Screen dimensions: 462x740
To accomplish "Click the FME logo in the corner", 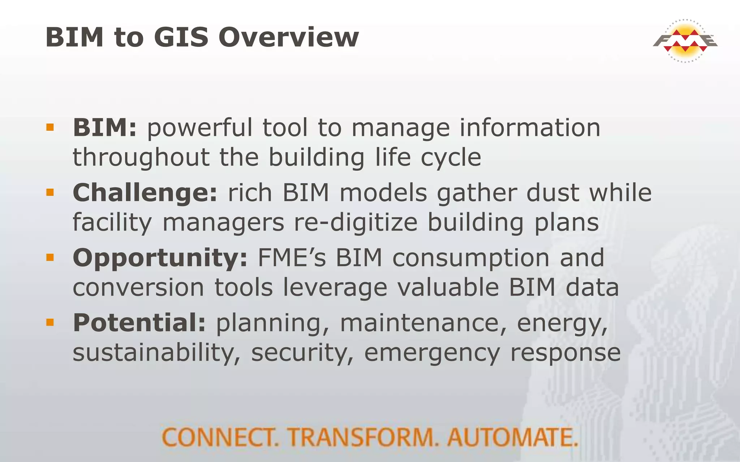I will click(685, 41).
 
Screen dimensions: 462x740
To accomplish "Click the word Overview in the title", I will click(289, 37).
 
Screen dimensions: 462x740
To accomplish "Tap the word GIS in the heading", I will click(181, 37).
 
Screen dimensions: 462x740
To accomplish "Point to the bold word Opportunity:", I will click(160, 258).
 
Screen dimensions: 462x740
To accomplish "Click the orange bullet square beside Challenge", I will click(50, 192).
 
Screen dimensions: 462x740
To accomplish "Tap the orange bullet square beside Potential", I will click(50, 322).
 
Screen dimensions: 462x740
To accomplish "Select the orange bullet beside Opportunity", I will click(50, 257).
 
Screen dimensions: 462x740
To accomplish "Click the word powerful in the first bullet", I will click(200, 128).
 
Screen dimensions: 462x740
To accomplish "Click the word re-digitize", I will click(356, 222).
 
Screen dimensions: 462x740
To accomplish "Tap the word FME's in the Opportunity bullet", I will click(292, 258).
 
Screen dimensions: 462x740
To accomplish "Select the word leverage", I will click(335, 288).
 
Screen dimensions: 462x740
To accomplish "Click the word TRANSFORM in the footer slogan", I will click(362, 437).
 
